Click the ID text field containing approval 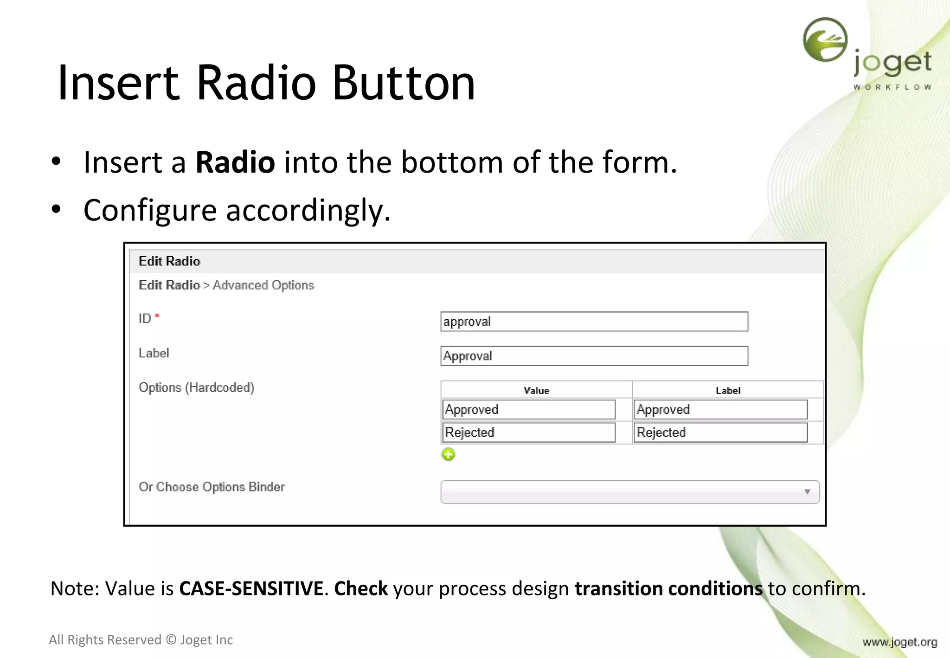coord(594,322)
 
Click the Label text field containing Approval coord(594,356)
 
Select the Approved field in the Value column coord(528,409)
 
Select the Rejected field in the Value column coord(528,432)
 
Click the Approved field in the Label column coord(720,409)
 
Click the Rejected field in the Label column coord(720,432)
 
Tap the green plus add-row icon coord(448,454)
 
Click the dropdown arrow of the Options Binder coord(807,492)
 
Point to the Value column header coord(536,391)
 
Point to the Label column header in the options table coord(727,391)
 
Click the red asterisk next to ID coord(157,316)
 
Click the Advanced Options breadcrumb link coord(263,285)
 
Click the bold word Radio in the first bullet coord(235,163)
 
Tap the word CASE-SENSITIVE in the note coord(251,588)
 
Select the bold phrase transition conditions coord(668,588)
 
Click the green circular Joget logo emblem coord(825,40)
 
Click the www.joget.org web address coord(899,642)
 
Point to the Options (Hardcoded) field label coord(197,387)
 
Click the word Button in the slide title coord(404,84)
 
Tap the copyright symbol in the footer coord(171,640)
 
